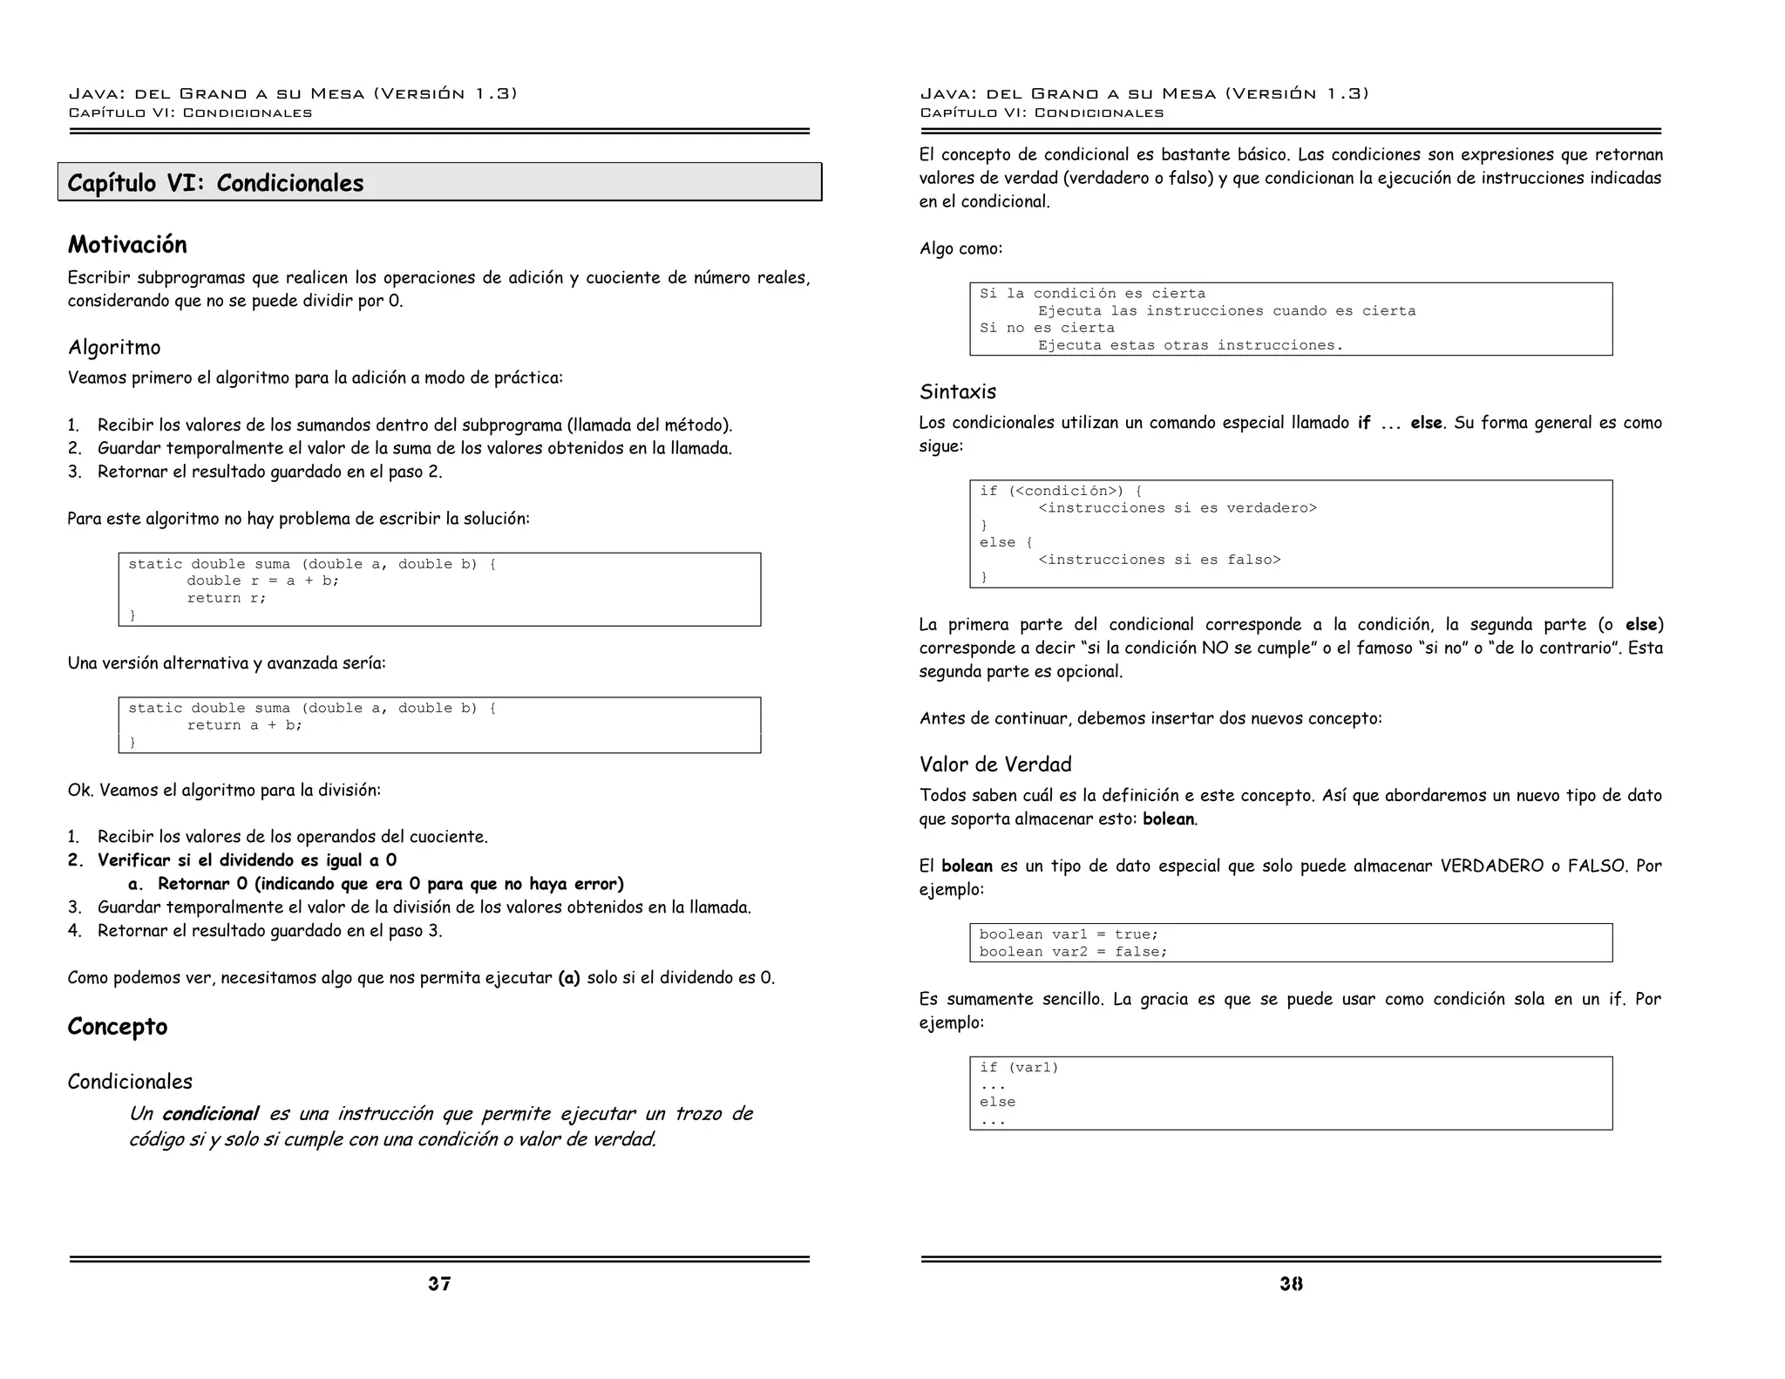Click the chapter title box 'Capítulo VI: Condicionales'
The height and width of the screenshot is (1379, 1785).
click(439, 182)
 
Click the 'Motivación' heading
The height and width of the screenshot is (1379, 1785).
click(127, 245)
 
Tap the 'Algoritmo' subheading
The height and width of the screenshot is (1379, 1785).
click(114, 348)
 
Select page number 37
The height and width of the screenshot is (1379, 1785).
click(439, 1283)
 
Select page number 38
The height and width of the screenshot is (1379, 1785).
click(1291, 1283)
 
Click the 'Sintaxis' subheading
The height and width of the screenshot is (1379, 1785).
click(957, 392)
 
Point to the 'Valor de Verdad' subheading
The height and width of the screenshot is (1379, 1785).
click(994, 764)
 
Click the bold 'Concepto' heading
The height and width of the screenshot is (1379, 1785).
click(117, 1027)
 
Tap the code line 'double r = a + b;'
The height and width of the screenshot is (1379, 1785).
click(262, 581)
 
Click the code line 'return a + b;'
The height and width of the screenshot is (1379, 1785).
click(244, 725)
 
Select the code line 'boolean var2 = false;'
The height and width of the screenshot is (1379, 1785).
click(1072, 952)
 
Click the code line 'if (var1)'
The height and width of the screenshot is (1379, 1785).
click(1018, 1068)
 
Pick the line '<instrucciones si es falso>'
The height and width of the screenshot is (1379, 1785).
click(1159, 560)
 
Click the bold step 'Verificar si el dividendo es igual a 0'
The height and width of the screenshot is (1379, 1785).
click(247, 860)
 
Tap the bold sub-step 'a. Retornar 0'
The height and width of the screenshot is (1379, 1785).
click(375, 884)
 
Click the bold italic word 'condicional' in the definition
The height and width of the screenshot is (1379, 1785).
click(210, 1114)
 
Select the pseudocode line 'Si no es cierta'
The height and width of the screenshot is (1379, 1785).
click(1046, 328)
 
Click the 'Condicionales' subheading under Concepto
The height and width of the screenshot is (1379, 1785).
click(130, 1082)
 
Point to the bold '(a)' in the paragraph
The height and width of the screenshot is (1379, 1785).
click(569, 978)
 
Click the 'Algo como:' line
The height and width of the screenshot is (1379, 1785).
click(960, 249)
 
